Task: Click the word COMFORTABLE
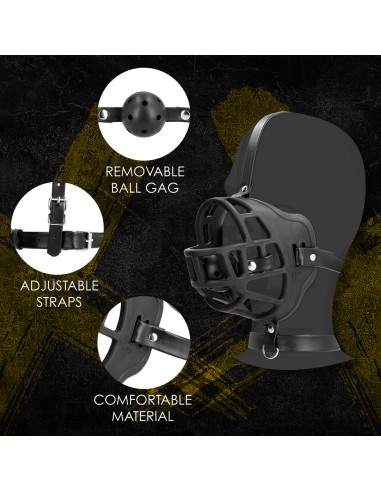click(143, 399)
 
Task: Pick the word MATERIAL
click(143, 415)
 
